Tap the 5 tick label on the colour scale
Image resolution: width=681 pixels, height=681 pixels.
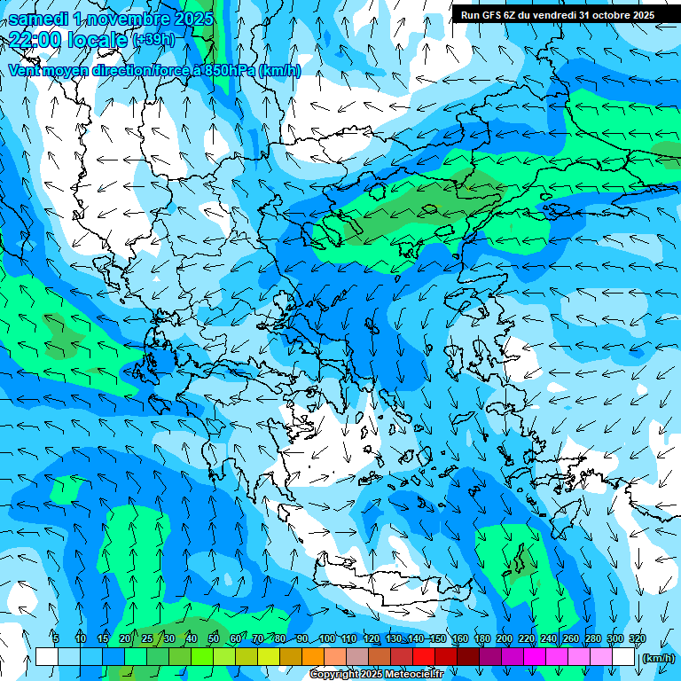[x=56, y=639]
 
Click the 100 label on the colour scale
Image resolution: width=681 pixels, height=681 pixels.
[x=327, y=639]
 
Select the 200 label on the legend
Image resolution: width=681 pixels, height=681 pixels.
[x=505, y=639]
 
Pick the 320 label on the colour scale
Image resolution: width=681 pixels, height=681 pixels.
[x=638, y=639]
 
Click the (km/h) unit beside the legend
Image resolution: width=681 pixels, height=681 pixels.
[x=658, y=658]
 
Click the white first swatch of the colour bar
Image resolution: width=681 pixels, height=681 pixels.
[x=47, y=657]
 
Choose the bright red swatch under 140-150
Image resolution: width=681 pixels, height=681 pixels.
[x=424, y=657]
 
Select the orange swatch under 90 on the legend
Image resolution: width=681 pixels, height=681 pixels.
[x=313, y=657]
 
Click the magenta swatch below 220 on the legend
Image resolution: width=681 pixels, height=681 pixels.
[x=535, y=657]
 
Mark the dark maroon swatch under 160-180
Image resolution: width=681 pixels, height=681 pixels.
[x=468, y=657]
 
